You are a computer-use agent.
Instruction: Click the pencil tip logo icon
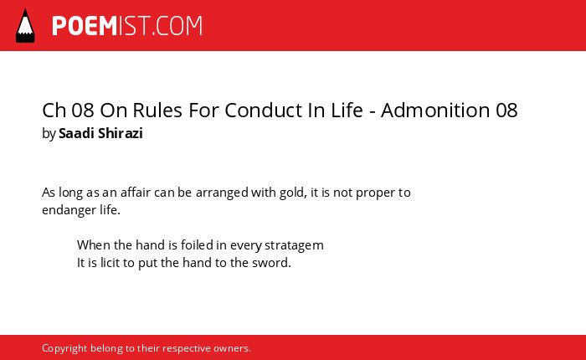(x=25, y=26)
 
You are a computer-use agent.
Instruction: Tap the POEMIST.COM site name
(x=127, y=26)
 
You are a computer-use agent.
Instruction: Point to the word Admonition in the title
(x=435, y=111)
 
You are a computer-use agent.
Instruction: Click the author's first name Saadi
(x=76, y=133)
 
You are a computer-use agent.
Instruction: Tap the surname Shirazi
(x=121, y=133)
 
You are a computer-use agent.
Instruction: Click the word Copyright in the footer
(x=64, y=349)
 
